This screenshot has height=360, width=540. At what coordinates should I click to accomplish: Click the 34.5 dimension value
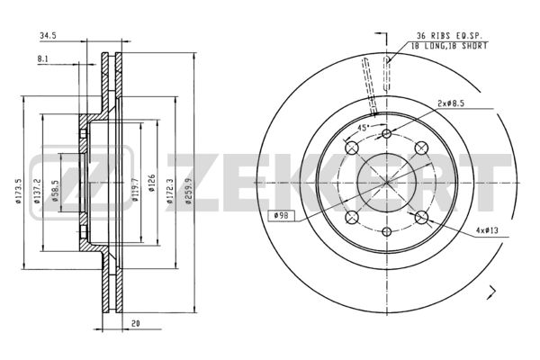(x=49, y=35)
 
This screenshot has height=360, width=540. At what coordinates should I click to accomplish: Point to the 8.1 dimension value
(x=43, y=59)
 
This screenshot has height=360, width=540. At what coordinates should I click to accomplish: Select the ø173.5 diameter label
(x=18, y=191)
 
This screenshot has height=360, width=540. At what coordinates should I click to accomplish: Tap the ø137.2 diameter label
(x=37, y=191)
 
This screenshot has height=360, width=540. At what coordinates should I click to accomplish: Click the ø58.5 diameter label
(x=56, y=191)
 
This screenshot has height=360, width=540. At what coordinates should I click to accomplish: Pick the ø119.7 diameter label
(x=135, y=190)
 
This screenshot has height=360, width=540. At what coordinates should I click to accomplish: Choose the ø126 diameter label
(x=151, y=183)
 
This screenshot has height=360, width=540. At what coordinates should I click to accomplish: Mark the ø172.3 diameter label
(x=170, y=191)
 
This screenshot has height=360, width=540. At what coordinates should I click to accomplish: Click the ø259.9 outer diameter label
(x=188, y=191)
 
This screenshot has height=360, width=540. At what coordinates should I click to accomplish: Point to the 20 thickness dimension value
(x=136, y=323)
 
